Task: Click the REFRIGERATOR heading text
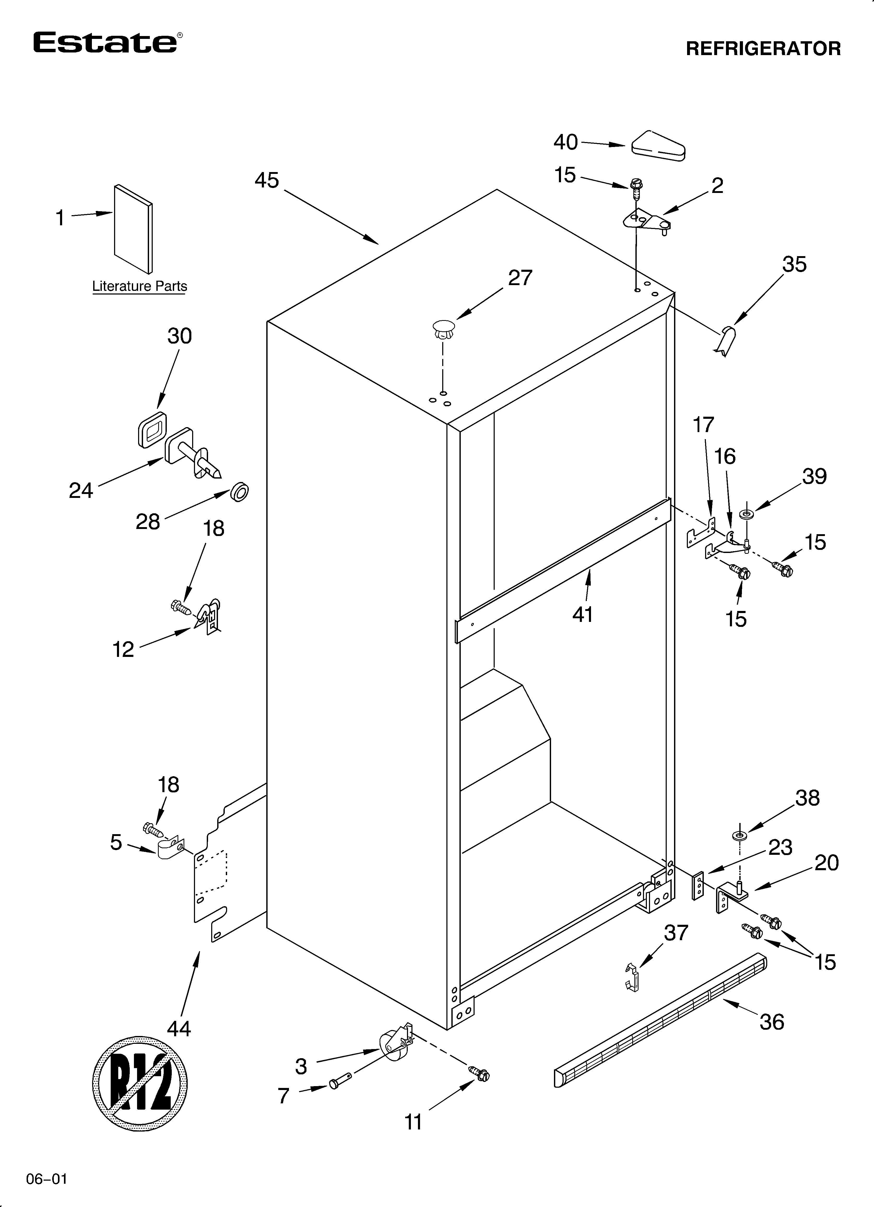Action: pos(763,49)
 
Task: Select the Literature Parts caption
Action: pos(139,286)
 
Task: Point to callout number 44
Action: pos(179,1029)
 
